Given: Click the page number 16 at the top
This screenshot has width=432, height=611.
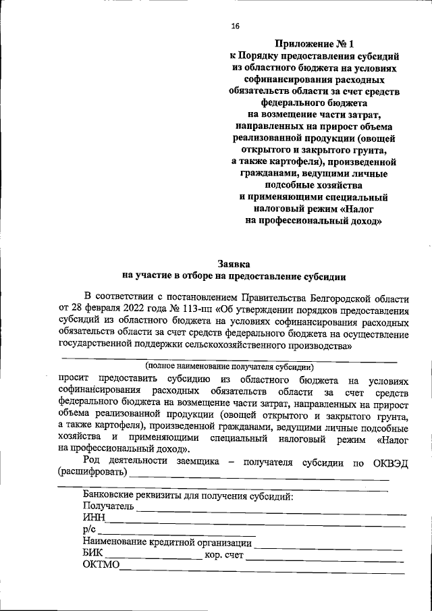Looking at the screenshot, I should [x=235, y=26].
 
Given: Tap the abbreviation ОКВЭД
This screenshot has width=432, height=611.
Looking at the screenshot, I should [x=389, y=464].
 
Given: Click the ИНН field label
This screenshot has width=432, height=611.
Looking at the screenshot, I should [x=93, y=518].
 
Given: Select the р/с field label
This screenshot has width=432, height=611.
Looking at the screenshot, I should [x=88, y=530].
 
